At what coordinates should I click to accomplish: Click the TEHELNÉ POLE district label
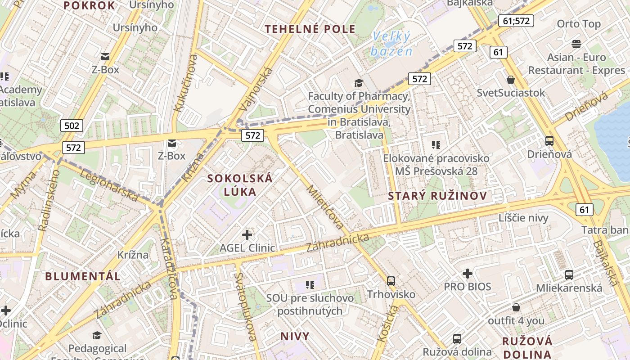tap(310, 29)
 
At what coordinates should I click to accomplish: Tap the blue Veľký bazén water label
tap(391, 44)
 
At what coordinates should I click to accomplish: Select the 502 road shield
tap(72, 126)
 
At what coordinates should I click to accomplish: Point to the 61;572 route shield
tap(516, 20)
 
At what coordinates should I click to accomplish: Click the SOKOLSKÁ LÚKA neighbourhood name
tap(240, 184)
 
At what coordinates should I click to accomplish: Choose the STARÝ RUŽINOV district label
tap(437, 196)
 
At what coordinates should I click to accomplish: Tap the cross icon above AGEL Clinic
tap(247, 234)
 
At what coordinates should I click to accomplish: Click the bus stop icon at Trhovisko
tap(391, 281)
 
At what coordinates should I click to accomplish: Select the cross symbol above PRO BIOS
tap(468, 273)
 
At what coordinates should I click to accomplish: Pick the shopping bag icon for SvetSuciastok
tap(511, 80)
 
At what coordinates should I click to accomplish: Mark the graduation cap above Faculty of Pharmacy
tap(359, 83)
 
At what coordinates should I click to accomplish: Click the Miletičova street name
tap(325, 207)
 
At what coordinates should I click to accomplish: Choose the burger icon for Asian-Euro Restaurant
tap(576, 44)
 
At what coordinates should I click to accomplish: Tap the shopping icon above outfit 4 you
tap(516, 307)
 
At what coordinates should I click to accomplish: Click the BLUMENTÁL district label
tap(83, 276)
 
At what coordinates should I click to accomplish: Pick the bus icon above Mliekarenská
tap(569, 274)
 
